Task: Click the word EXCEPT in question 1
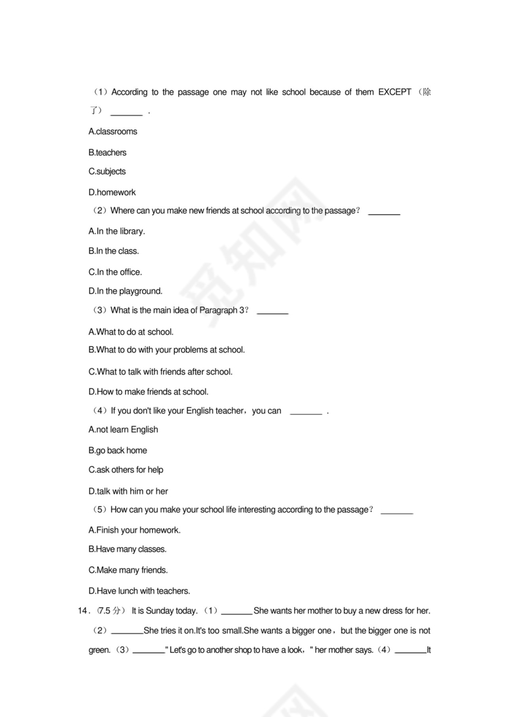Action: pyautogui.click(x=395, y=92)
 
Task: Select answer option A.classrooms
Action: pyautogui.click(x=113, y=131)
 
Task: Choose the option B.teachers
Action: pyautogui.click(x=108, y=153)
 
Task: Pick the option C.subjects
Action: pyautogui.click(x=108, y=172)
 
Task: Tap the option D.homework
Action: pyautogui.click(x=112, y=192)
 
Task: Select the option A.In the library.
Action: pyautogui.click(x=117, y=231)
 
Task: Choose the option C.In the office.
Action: pyautogui.click(x=115, y=272)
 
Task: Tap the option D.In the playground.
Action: pyautogui.click(x=125, y=291)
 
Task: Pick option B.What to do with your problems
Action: pyautogui.click(x=166, y=350)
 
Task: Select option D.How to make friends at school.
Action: pyautogui.click(x=148, y=391)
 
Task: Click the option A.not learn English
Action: pyautogui.click(x=123, y=429)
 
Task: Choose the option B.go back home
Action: pyautogui.click(x=118, y=450)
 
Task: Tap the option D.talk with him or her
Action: pyautogui.click(x=128, y=491)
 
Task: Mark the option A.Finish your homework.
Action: pyautogui.click(x=134, y=530)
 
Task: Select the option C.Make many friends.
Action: pyautogui.click(x=128, y=570)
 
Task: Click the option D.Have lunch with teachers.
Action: pyautogui.click(x=139, y=591)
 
